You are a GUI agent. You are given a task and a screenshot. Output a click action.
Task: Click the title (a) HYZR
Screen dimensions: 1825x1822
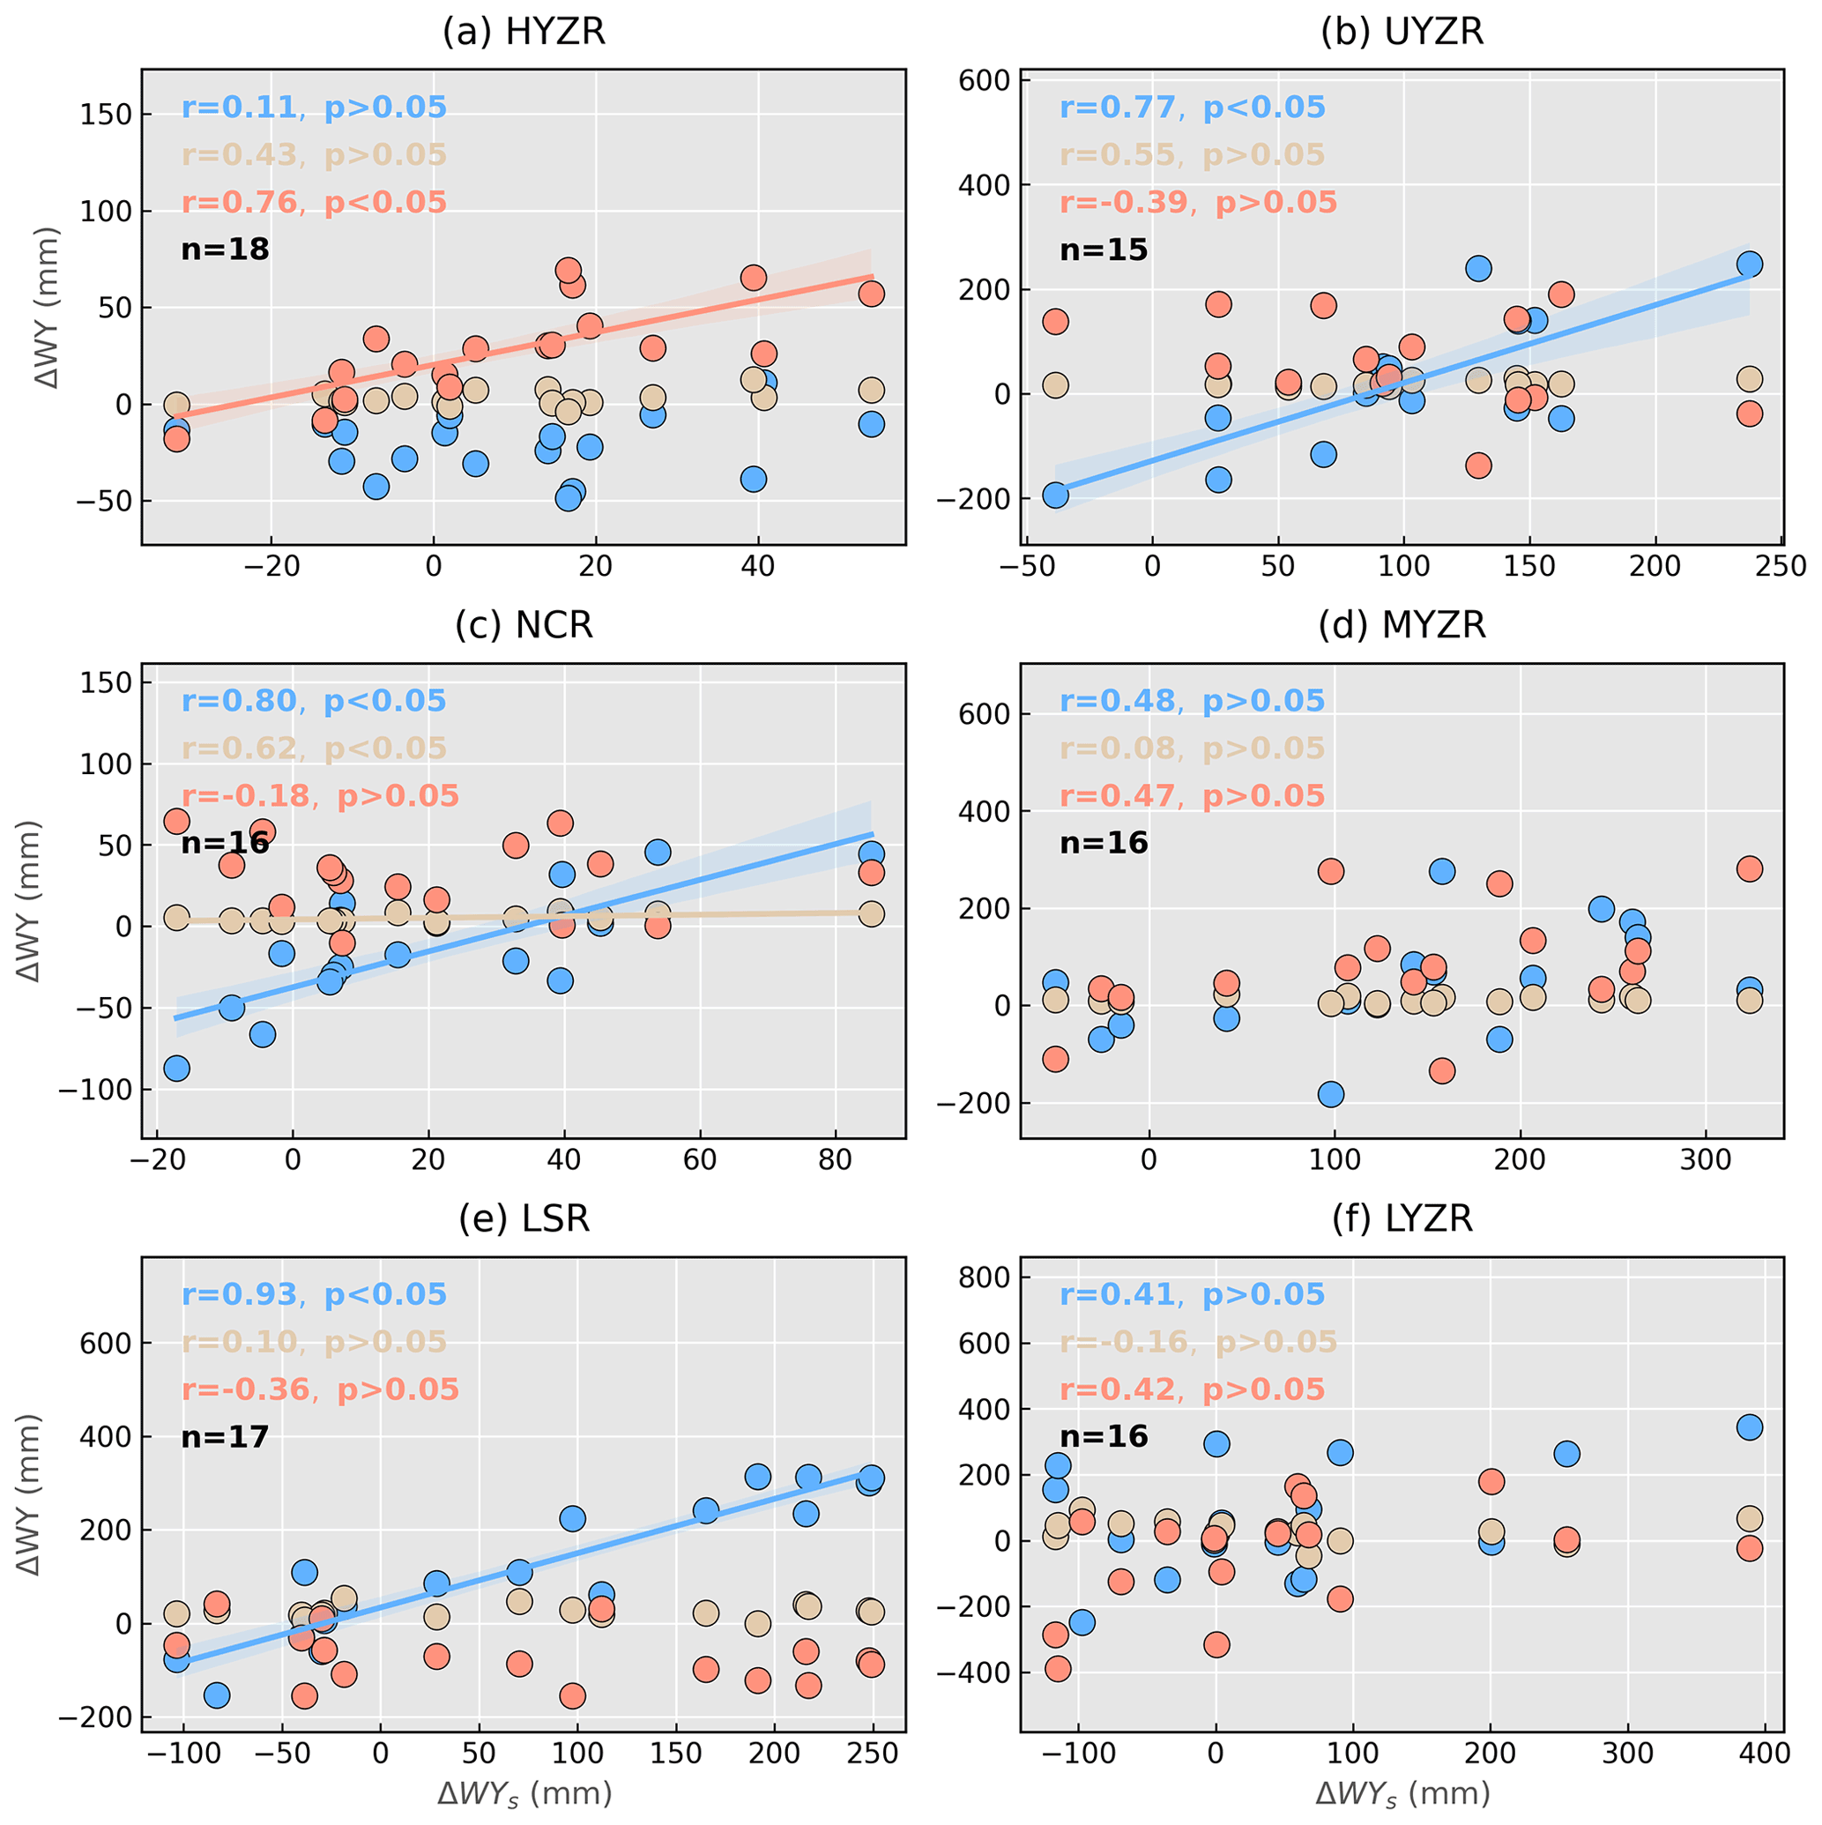(524, 32)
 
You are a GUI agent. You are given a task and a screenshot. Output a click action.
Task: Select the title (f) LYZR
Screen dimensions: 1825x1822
(1402, 1218)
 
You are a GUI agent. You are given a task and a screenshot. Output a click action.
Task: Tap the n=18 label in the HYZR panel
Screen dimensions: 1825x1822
(225, 250)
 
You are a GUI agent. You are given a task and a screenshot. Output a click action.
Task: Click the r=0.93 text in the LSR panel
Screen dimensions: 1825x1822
(240, 1294)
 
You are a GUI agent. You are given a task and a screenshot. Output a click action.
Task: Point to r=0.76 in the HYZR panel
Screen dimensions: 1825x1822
(240, 202)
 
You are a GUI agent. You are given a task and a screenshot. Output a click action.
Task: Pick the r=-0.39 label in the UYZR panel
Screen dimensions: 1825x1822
(1123, 202)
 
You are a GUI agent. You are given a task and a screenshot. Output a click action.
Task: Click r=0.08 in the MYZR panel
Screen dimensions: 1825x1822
(1118, 749)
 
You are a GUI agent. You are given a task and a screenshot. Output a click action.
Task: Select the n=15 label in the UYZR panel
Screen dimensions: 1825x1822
(1104, 250)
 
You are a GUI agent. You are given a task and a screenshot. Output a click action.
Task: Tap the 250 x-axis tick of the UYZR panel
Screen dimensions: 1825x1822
(1781, 566)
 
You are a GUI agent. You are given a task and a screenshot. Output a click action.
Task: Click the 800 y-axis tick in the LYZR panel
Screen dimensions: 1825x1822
(985, 1277)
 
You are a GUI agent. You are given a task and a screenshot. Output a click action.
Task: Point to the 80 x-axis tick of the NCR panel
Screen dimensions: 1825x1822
(835, 1159)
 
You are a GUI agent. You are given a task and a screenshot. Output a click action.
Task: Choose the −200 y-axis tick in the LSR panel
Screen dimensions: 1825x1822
(94, 1717)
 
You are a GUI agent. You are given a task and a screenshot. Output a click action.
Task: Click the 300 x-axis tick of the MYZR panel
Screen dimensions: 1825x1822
(1706, 1159)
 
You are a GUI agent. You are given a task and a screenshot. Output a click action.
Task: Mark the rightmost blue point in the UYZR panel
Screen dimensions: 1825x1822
(1749, 264)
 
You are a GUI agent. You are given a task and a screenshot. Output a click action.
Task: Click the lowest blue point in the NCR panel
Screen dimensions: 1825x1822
(176, 1069)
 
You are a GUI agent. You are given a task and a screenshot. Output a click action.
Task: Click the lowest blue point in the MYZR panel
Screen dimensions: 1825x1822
(1331, 1095)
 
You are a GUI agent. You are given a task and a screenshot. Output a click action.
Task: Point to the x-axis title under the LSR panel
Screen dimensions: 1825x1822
(524, 1793)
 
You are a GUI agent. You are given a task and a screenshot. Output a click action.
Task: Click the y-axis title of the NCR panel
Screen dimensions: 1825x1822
(31, 901)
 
